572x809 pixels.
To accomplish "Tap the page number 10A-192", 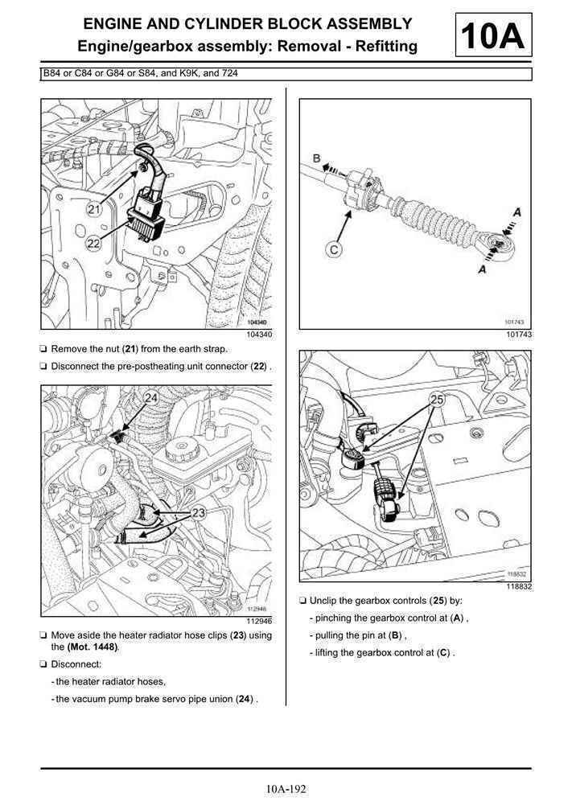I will pos(286,789).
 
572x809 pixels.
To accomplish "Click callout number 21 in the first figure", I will pos(95,210).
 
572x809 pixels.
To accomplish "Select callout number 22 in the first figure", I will pos(95,244).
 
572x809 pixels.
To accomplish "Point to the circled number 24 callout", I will pos(150,398).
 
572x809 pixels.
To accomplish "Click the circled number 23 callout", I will pos(199,511).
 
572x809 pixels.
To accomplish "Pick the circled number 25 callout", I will pos(437,399).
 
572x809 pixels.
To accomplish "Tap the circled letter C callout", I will pos(334,250).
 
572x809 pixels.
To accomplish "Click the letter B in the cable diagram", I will pos(317,159).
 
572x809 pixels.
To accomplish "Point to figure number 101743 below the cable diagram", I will pos(519,335).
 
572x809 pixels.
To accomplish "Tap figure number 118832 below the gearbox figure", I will pos(519,586).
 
